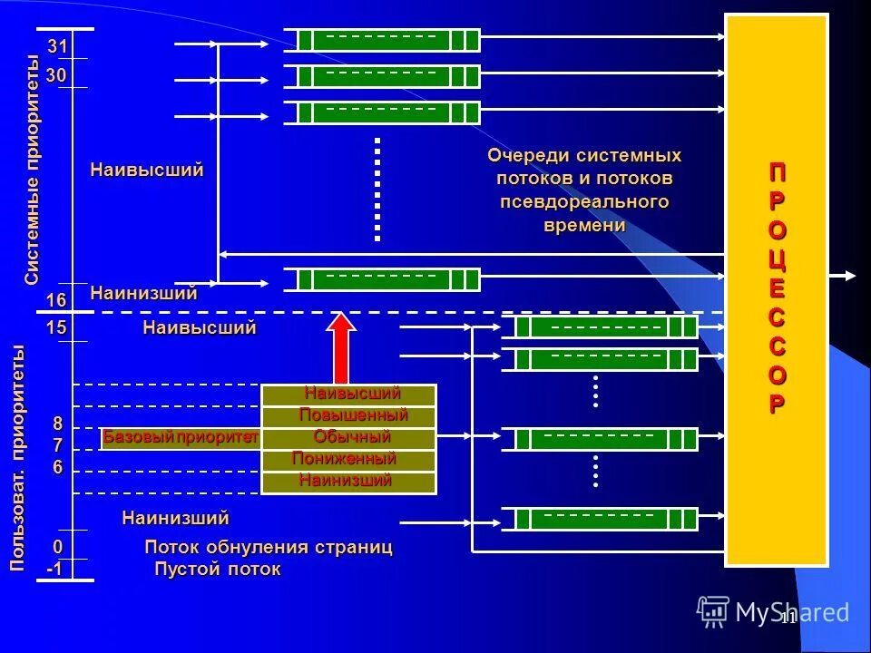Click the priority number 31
click(57, 46)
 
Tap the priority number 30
click(56, 77)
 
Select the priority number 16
click(56, 300)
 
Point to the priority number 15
click(56, 328)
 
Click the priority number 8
click(57, 424)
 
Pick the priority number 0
click(57, 547)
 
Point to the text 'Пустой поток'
click(218, 570)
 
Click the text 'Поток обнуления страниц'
click(269, 548)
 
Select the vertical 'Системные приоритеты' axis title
click(33, 171)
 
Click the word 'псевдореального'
click(584, 201)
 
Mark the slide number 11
click(787, 619)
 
